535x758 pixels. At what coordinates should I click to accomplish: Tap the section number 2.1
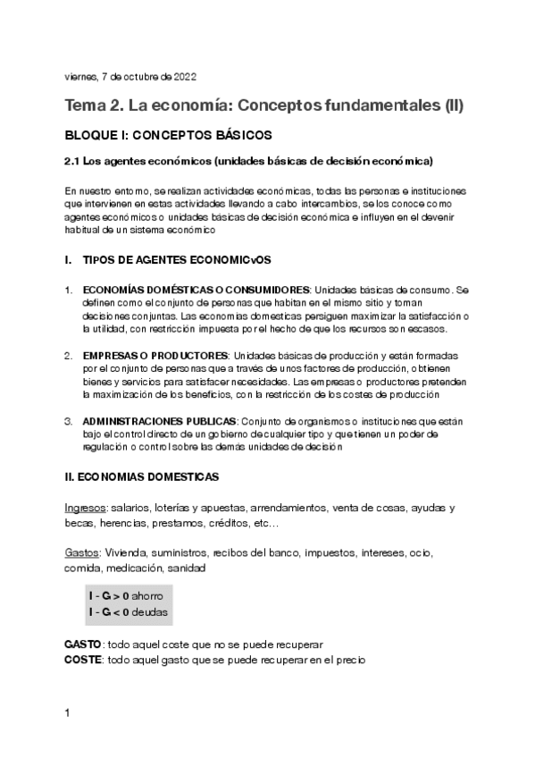74,162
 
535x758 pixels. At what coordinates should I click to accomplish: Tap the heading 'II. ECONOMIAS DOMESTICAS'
143,477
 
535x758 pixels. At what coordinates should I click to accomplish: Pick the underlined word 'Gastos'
81,552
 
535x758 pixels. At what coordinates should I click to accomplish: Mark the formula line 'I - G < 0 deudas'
127,611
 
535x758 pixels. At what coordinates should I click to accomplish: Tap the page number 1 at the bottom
69,713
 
